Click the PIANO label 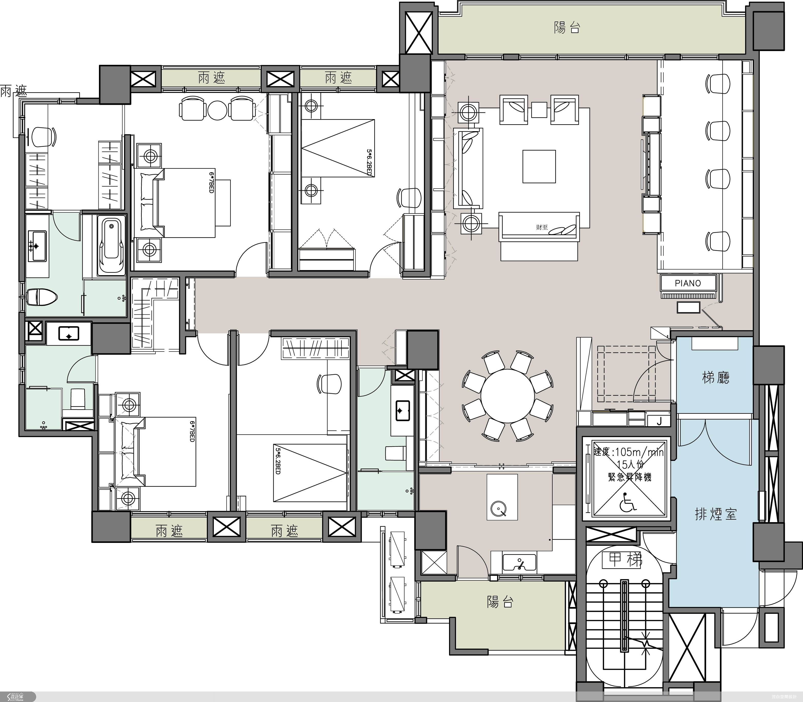click(x=688, y=283)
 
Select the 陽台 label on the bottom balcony click(x=500, y=602)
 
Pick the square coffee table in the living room click(x=539, y=167)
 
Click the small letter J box click(x=659, y=421)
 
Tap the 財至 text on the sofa click(x=542, y=227)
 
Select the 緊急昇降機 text click(x=629, y=477)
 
